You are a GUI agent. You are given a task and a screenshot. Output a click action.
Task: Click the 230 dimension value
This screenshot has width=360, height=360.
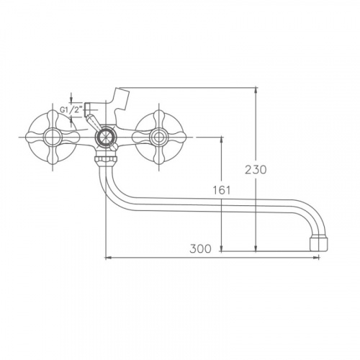256,170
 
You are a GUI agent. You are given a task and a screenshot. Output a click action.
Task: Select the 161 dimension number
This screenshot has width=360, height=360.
222,190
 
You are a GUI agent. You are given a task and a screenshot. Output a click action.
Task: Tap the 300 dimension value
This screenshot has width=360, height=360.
200,248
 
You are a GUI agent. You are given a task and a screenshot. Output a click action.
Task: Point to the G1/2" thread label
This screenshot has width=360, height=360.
71,110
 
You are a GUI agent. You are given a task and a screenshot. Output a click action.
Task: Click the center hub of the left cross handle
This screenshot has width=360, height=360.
53,137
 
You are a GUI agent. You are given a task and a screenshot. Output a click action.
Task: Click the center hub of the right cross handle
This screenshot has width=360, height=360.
158,137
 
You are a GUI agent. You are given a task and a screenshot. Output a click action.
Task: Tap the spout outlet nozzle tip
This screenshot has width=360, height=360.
318,244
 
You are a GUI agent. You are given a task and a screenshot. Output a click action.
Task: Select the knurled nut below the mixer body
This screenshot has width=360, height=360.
107,158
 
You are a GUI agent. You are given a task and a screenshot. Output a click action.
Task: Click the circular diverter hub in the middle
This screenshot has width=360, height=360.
106,137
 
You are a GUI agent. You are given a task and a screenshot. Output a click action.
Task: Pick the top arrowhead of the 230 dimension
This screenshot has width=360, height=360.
256,90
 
